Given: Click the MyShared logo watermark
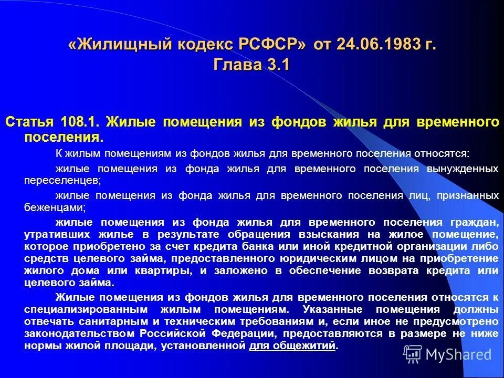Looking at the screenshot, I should tap(448, 354).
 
